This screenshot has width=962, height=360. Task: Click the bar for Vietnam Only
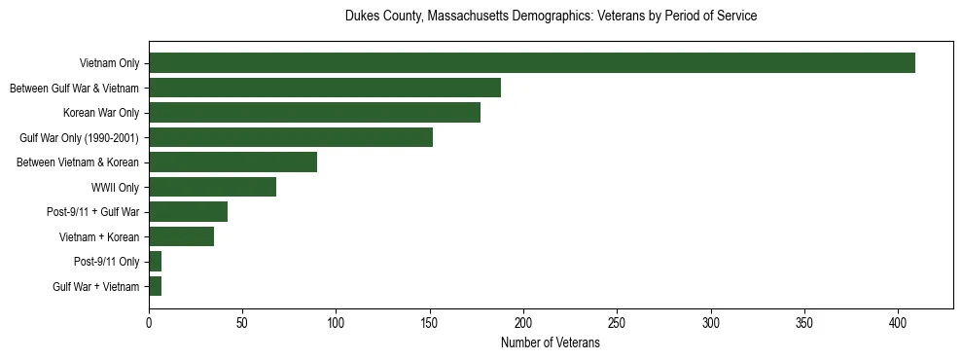(532, 63)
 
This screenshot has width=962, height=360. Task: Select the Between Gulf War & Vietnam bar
(325, 88)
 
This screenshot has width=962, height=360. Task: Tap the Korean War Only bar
(314, 113)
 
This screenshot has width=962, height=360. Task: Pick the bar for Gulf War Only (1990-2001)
(291, 137)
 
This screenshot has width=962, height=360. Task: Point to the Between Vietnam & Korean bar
(232, 162)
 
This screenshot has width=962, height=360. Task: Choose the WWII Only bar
(212, 187)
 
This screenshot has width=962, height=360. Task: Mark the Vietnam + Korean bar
(181, 236)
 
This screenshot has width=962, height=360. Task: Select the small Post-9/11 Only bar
(156, 262)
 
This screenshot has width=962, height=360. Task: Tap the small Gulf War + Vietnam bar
(156, 286)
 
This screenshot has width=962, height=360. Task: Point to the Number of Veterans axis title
(551, 343)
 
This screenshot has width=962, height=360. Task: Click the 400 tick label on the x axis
(898, 321)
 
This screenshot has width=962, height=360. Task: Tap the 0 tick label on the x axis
(149, 321)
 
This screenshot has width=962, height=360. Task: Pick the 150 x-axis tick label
(430, 321)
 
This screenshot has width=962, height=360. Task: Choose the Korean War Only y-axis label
(101, 113)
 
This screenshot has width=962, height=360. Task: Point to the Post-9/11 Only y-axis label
(107, 262)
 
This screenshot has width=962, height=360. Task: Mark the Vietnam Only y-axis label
(109, 63)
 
